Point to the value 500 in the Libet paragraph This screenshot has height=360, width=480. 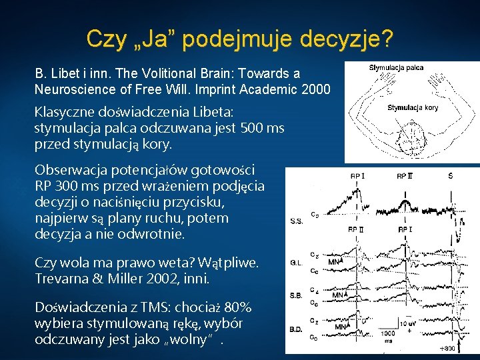tap(251, 127)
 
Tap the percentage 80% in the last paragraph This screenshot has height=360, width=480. tap(238, 307)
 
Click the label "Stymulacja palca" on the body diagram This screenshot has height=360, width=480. tap(396, 67)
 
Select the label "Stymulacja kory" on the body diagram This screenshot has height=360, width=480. tap(413, 107)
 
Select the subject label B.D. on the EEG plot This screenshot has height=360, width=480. tap(298, 329)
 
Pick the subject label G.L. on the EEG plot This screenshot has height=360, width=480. tap(297, 263)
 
